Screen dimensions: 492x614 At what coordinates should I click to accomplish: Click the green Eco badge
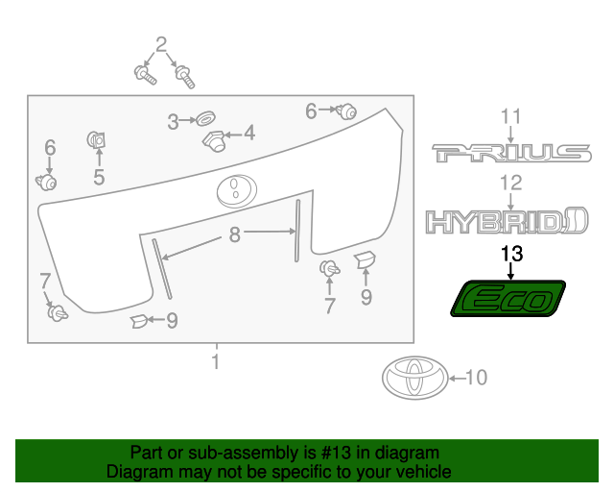coord(508,299)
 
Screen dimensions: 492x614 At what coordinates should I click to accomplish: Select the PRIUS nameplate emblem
coord(510,153)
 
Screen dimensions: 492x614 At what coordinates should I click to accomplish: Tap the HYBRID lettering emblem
coord(507,222)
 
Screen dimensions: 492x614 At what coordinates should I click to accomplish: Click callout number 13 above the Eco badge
coord(512,254)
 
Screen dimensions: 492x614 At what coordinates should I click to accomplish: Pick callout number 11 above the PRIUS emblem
coord(511,118)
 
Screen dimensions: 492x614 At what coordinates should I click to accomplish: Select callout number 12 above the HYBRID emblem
coord(510,183)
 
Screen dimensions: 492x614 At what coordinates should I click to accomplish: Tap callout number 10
coord(476,378)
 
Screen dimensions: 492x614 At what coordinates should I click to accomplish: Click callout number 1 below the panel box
coord(217,361)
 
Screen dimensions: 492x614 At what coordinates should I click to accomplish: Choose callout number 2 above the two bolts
coord(160,43)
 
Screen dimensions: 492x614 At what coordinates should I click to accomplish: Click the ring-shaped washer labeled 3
coord(203,120)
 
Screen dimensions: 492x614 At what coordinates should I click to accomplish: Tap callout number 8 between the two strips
coord(233,234)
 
